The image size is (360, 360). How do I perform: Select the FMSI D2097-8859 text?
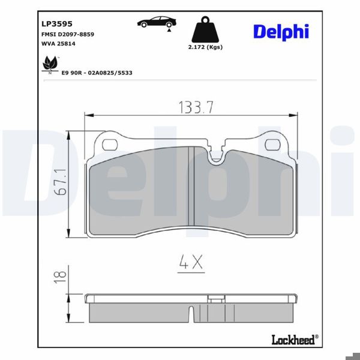tap(68, 34)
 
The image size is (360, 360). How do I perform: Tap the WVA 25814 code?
tap(59, 44)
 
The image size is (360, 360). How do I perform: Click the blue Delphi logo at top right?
tap(281, 31)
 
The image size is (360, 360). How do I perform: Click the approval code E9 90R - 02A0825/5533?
tap(97, 72)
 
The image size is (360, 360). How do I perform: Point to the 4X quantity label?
tap(191, 263)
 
